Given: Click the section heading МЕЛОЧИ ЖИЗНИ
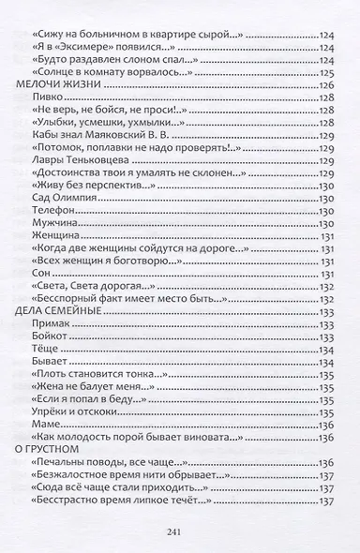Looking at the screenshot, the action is (58, 84).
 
